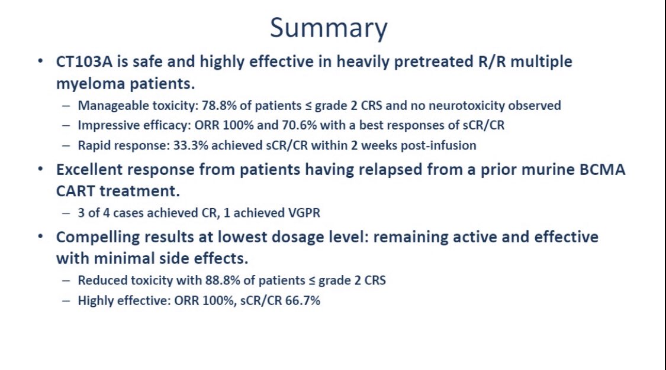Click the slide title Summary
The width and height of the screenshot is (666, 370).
329,28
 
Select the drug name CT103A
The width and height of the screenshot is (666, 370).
84,62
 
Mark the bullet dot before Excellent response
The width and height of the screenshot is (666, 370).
40,170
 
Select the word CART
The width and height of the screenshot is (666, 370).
76,191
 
